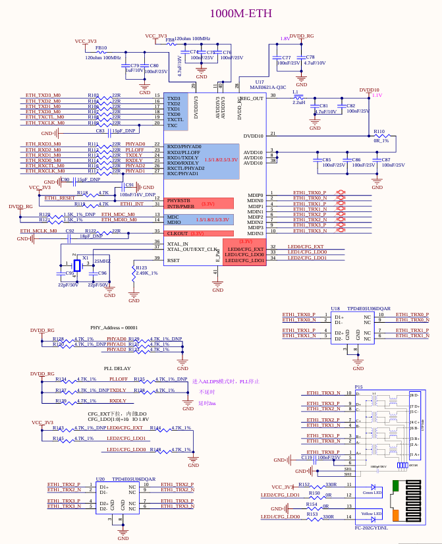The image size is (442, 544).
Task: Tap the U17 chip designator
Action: tap(260, 82)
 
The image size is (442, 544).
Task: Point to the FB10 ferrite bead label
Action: tap(101, 48)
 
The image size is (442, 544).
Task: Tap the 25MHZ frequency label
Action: tap(102, 261)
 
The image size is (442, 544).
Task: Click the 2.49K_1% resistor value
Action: tap(147, 273)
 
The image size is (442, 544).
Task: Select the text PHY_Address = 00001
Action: tap(114, 327)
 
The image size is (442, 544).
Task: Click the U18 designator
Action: tap(335, 308)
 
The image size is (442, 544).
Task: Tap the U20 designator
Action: tap(101, 479)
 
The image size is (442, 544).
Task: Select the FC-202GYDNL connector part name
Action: tap(372, 528)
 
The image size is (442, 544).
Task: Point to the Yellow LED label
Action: tap(372, 513)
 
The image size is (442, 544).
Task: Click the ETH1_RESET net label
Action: tap(60, 198)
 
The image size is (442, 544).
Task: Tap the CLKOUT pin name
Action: tap(177, 233)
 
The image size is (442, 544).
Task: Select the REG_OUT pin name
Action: tap(251, 98)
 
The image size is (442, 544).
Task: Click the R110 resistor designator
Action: tap(379, 132)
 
